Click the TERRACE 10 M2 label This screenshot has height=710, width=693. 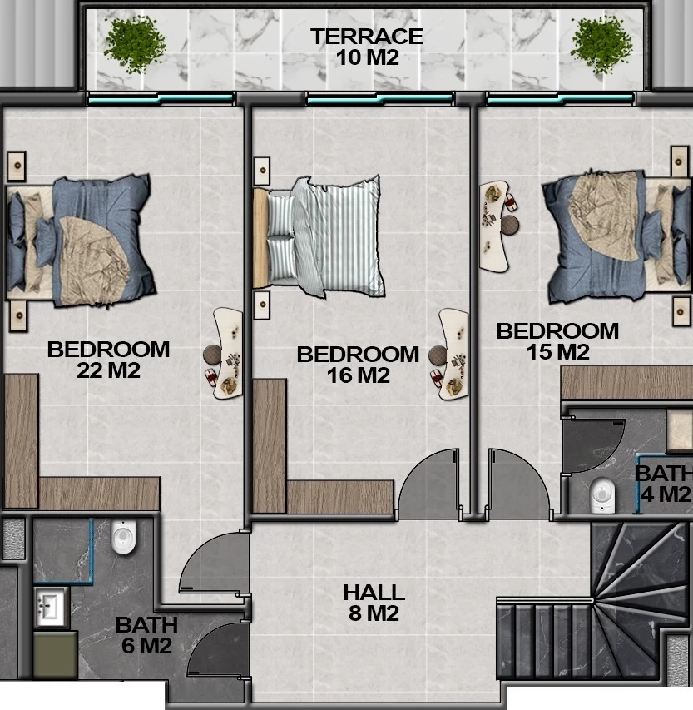(367, 47)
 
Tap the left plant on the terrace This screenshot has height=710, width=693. (135, 44)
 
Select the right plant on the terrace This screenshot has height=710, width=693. (601, 44)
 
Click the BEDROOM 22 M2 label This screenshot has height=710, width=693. (109, 360)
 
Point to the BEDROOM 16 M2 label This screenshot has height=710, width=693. (358, 365)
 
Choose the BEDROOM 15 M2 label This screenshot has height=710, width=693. (557, 341)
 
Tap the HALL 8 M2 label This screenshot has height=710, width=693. (374, 603)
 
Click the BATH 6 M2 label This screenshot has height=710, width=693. (146, 635)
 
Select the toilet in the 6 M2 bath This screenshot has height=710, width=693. (124, 537)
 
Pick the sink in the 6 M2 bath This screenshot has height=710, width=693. (51, 608)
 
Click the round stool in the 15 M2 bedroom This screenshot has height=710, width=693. (510, 225)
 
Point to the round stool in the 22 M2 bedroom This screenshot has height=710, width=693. (212, 355)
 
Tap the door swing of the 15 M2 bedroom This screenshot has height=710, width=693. (520, 484)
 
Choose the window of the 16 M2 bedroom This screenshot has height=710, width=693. (379, 98)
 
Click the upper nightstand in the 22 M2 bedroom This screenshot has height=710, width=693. (17, 166)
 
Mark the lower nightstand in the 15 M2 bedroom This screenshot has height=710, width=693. (681, 311)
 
